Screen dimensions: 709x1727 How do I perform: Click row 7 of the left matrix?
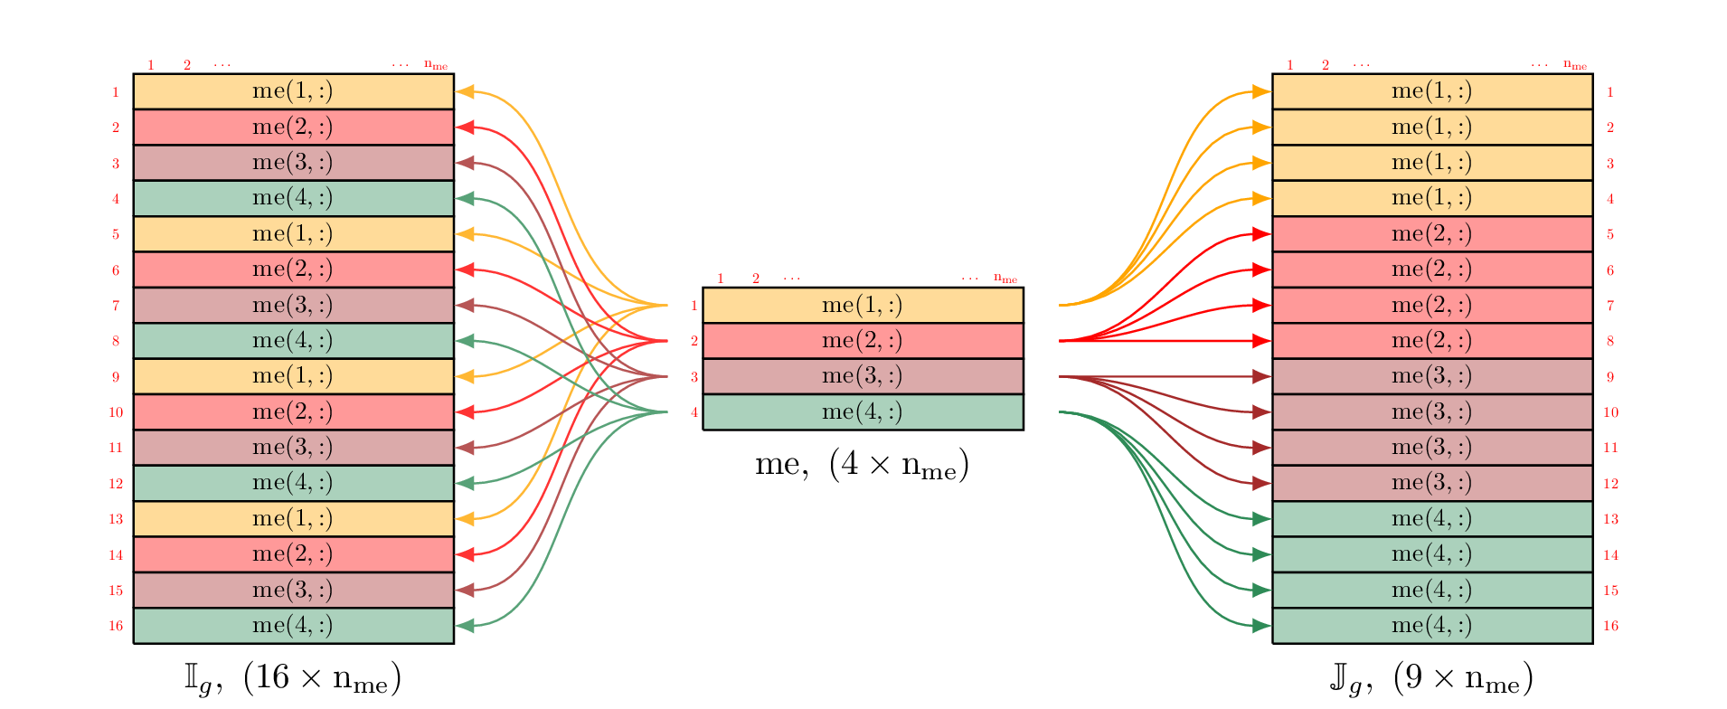[x=293, y=305]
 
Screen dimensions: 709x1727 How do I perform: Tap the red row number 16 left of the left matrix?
[x=116, y=626]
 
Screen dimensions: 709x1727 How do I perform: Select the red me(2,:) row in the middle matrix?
[x=863, y=341]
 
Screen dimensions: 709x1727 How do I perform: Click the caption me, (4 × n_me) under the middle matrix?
[x=862, y=465]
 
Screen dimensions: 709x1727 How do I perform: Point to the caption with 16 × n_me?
[x=293, y=678]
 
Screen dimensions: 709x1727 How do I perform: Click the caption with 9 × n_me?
[x=1431, y=678]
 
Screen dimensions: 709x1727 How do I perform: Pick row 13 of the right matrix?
[x=1431, y=519]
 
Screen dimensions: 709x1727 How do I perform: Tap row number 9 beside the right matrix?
[x=1610, y=377]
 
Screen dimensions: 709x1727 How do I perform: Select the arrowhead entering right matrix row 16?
[x=1261, y=626]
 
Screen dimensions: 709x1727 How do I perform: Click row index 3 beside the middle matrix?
[x=694, y=377]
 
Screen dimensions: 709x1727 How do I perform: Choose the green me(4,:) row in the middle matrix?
[x=863, y=412]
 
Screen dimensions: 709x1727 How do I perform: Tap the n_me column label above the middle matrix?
[x=1005, y=279]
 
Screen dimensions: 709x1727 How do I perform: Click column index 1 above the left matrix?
[x=151, y=65]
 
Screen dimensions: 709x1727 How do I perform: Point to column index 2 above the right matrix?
[x=1326, y=65]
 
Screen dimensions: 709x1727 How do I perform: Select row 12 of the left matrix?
[x=293, y=483]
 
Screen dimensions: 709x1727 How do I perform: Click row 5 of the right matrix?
[x=1431, y=234]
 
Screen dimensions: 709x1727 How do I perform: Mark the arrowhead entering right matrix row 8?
[x=1261, y=341]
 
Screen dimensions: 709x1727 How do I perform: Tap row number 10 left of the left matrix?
[x=116, y=412]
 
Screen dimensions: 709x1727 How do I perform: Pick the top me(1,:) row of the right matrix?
[x=1431, y=91]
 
